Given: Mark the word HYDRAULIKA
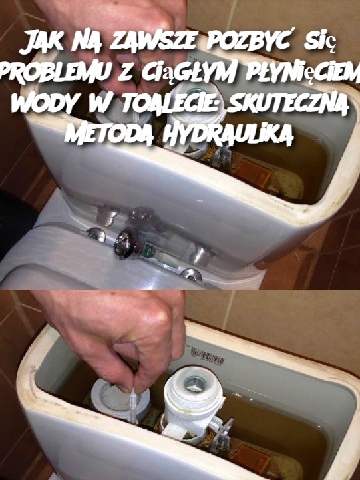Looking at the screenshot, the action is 224,134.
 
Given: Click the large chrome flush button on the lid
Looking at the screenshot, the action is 126,244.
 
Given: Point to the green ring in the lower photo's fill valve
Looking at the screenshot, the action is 192,383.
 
